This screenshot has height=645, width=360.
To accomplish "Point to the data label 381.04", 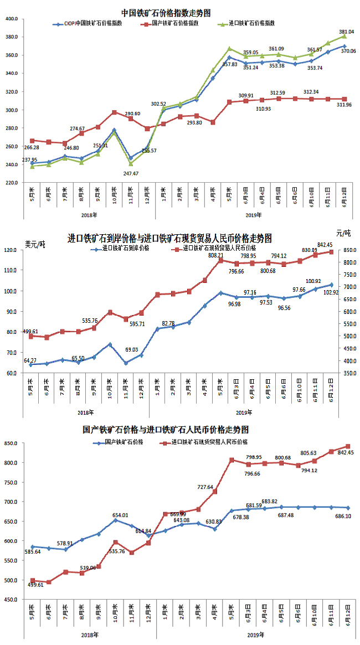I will click(x=346, y=32).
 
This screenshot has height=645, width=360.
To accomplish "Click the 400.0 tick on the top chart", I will click(x=11, y=19).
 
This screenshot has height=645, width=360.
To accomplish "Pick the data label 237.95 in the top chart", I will click(x=30, y=160).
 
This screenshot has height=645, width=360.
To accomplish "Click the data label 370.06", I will click(x=348, y=51).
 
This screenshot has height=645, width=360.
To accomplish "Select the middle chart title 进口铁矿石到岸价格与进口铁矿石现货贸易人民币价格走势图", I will click(x=169, y=239).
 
